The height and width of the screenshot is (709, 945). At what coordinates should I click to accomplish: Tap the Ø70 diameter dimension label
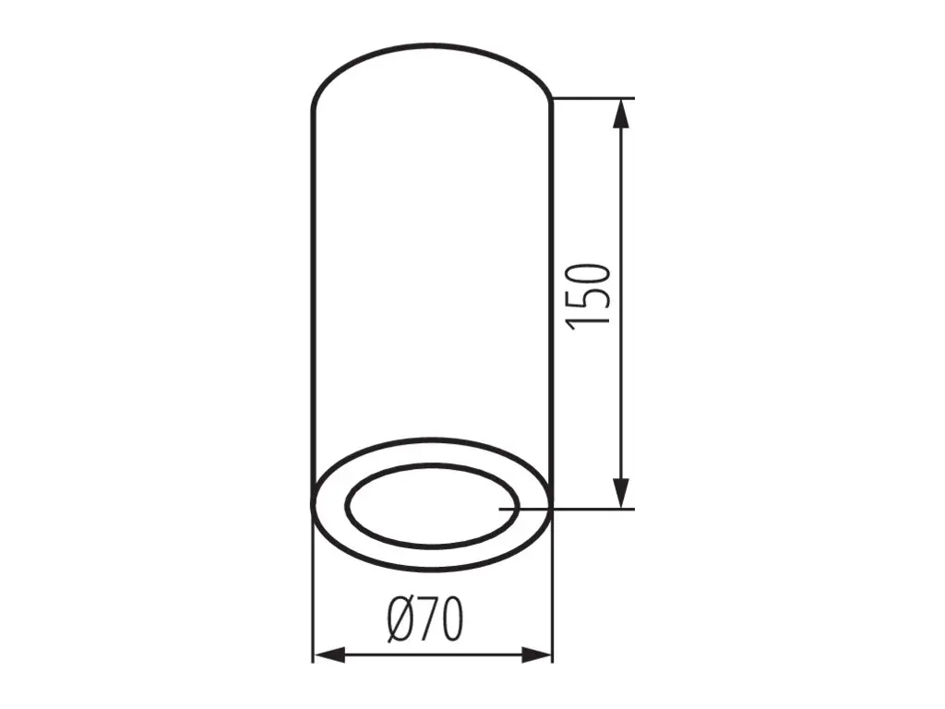tap(425, 619)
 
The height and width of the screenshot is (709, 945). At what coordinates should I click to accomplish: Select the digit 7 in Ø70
tap(427, 619)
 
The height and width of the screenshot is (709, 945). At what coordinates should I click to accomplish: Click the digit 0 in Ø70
tap(452, 619)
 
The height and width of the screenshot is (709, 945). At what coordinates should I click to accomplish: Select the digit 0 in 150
tap(588, 274)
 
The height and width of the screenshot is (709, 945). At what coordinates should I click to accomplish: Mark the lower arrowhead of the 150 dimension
tap(621, 494)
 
